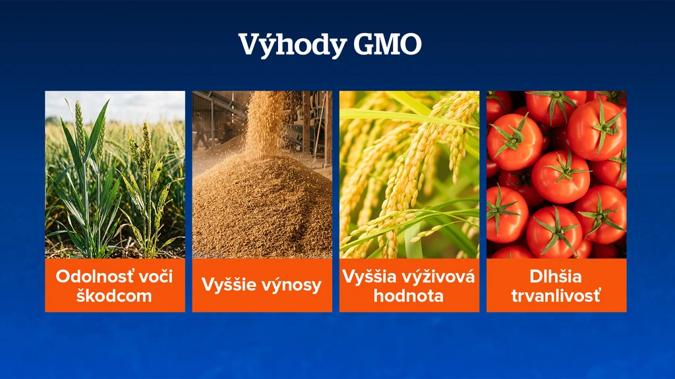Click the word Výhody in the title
coord(293,45)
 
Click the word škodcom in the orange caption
coord(114,295)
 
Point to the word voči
coord(154,276)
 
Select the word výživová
coord(439,276)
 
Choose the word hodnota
coord(409,295)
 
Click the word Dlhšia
coord(555,276)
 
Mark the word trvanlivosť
coord(556,295)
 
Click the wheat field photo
coord(115,174)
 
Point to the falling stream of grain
coord(264,124)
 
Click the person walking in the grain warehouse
coord(200,131)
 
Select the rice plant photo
coord(409,174)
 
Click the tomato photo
coord(556,174)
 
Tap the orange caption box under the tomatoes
coord(556,286)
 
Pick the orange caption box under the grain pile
coord(262,286)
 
